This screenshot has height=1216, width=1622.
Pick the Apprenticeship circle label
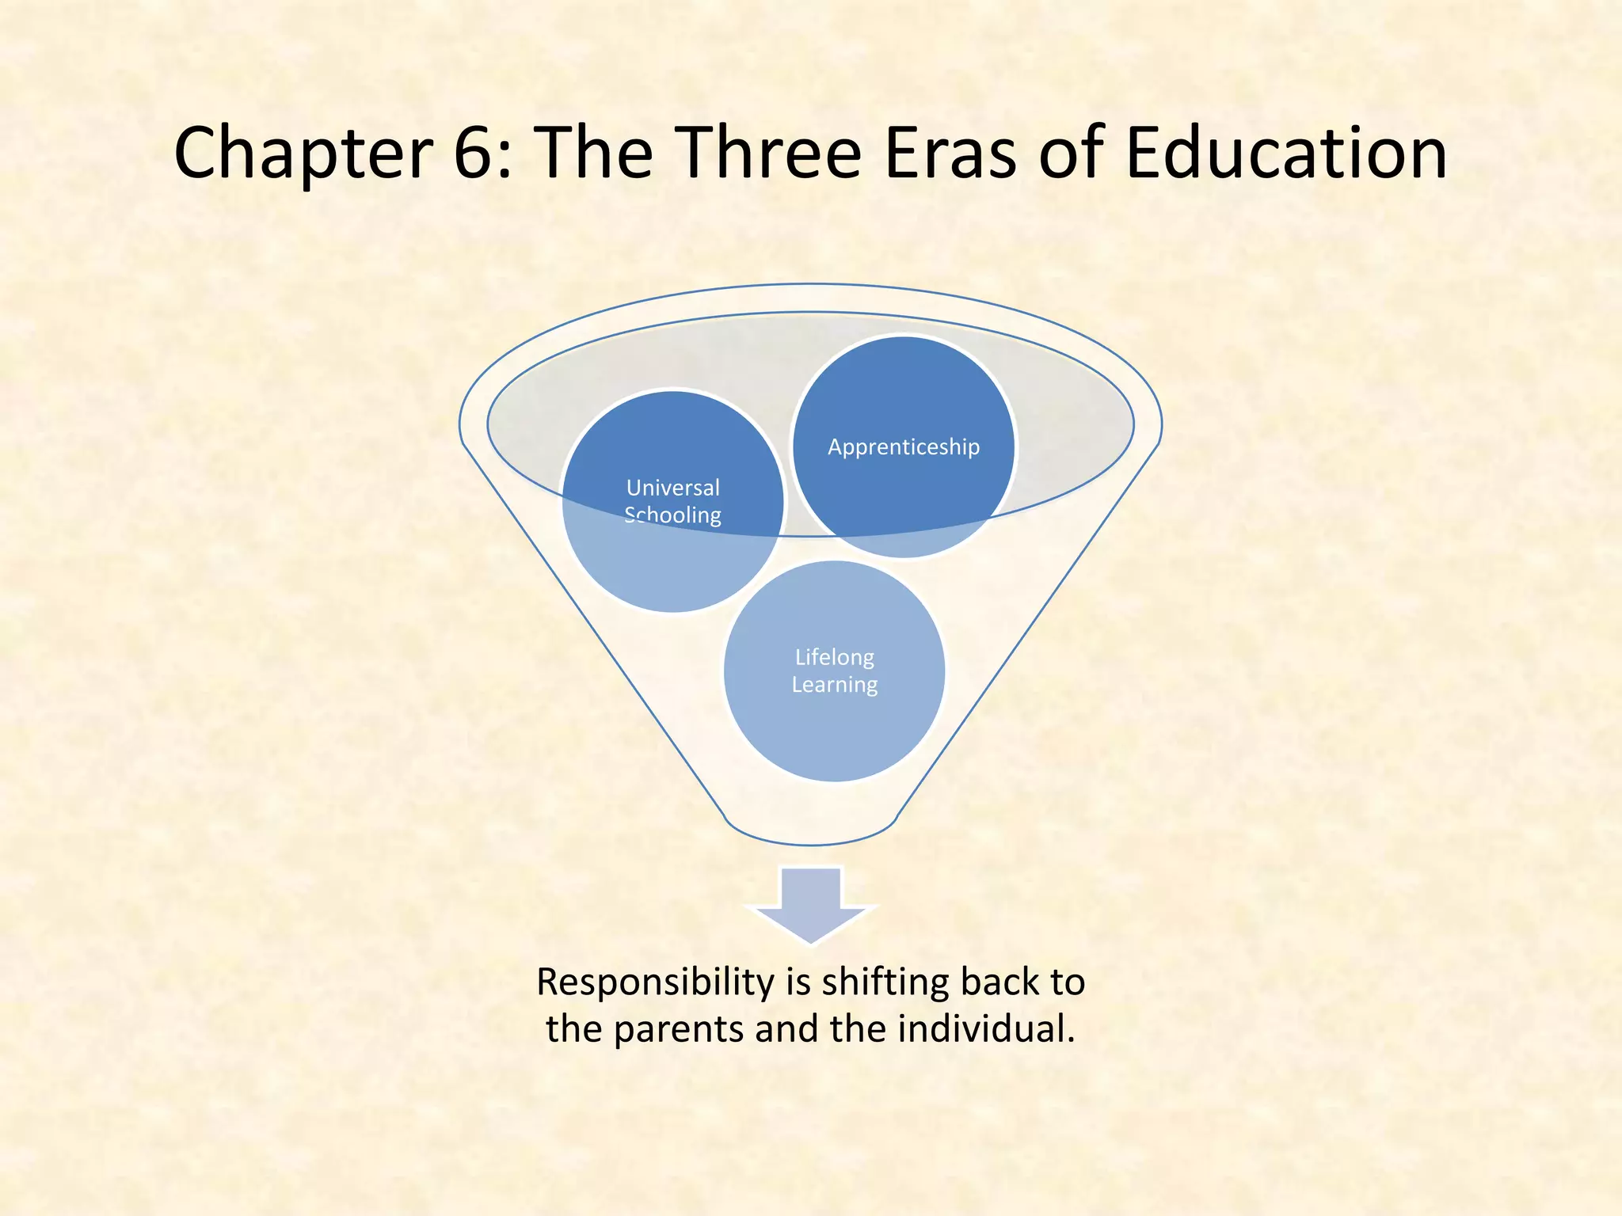(x=904, y=447)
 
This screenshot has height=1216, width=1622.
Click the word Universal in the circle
(x=673, y=488)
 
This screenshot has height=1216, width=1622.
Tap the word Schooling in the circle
(x=673, y=515)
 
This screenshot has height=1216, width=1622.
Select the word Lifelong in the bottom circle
(x=835, y=657)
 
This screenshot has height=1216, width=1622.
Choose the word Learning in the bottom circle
(x=835, y=685)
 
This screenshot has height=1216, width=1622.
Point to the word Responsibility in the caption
(x=656, y=982)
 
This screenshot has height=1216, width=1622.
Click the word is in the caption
(x=798, y=982)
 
